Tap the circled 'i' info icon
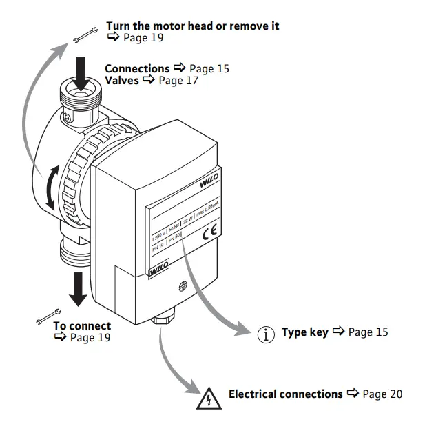(x=265, y=334)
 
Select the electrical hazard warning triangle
(x=206, y=399)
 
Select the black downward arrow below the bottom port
(x=79, y=288)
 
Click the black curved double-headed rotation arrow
(x=50, y=187)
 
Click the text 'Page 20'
(x=382, y=394)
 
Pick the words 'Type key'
(x=304, y=332)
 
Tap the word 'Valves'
(x=122, y=81)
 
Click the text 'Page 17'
(x=179, y=81)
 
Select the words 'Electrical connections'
(x=285, y=394)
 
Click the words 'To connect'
(x=82, y=326)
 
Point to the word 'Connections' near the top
(x=137, y=69)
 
